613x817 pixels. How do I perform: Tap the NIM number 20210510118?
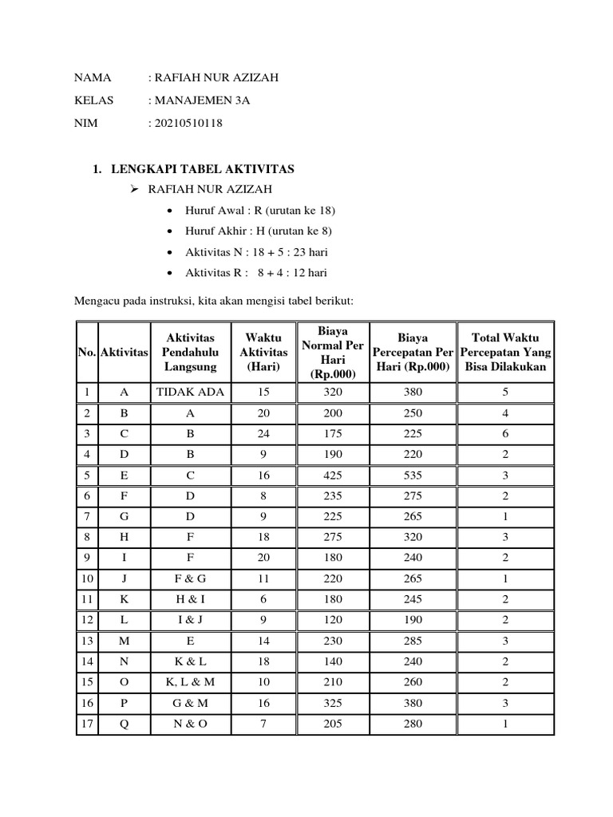[x=185, y=124]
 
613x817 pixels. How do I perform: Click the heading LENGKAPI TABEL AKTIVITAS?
[x=202, y=169]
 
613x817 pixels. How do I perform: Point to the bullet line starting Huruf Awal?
[x=259, y=210]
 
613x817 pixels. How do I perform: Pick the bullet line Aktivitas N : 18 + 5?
[x=255, y=252]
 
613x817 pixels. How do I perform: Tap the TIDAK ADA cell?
[x=190, y=393]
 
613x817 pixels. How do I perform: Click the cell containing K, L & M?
[x=190, y=682]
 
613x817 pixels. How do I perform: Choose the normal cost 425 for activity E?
[x=332, y=476]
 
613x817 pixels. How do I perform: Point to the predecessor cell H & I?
[x=190, y=600]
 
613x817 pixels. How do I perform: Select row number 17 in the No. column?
[x=85, y=724]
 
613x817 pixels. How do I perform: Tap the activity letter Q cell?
[x=124, y=724]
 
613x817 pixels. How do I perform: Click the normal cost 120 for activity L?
[x=332, y=621]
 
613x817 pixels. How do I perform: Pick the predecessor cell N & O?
[x=190, y=724]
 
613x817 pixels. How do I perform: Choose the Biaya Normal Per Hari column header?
[x=332, y=352]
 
